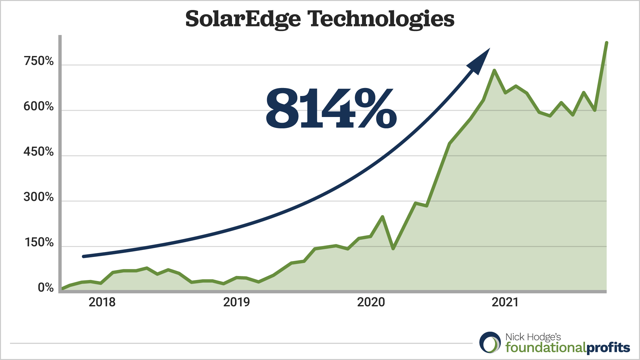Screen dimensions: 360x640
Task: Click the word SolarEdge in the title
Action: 243,19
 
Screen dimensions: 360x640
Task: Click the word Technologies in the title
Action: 381,19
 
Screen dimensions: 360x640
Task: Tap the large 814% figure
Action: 331,108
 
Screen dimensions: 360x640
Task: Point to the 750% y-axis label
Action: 39,61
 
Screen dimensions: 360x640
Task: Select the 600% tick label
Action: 39,106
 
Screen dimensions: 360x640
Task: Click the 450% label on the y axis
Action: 39,152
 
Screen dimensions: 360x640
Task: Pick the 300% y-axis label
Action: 39,197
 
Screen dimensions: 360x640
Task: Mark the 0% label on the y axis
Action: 46,287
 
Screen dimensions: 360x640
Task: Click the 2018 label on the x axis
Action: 102,302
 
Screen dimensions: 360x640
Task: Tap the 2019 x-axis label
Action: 236,302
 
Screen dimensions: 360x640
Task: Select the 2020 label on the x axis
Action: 371,302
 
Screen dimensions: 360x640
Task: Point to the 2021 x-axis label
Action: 505,302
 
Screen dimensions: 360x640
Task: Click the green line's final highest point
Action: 607,43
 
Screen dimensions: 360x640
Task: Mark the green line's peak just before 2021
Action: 494,70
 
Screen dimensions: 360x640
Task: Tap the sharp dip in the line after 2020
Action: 393,249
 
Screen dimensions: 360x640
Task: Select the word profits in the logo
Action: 608,348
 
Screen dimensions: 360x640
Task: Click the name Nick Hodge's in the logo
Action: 533,337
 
